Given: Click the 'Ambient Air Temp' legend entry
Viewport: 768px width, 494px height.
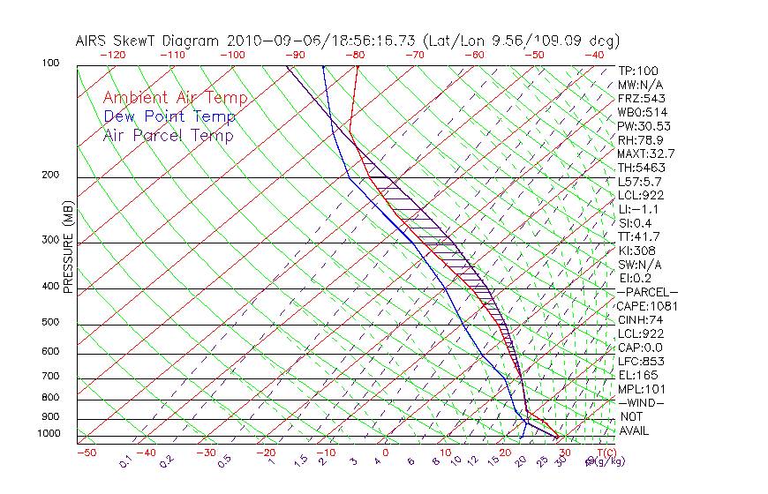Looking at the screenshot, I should coord(175,98).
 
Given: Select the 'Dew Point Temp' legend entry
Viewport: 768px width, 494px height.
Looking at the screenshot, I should coord(169,116).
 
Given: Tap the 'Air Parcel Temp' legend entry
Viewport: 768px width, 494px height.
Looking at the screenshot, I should coord(169,135).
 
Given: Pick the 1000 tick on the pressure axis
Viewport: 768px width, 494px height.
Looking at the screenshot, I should coord(49,433).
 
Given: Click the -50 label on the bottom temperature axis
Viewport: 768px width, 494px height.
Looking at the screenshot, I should coord(86,453).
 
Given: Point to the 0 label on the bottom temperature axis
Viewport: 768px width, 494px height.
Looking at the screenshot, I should coord(385,453).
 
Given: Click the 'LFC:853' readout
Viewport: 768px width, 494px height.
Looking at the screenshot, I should coord(641,362).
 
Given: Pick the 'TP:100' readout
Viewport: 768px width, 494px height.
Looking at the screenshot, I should coord(637,71).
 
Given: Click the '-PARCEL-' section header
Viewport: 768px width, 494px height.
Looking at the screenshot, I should coord(647,292).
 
